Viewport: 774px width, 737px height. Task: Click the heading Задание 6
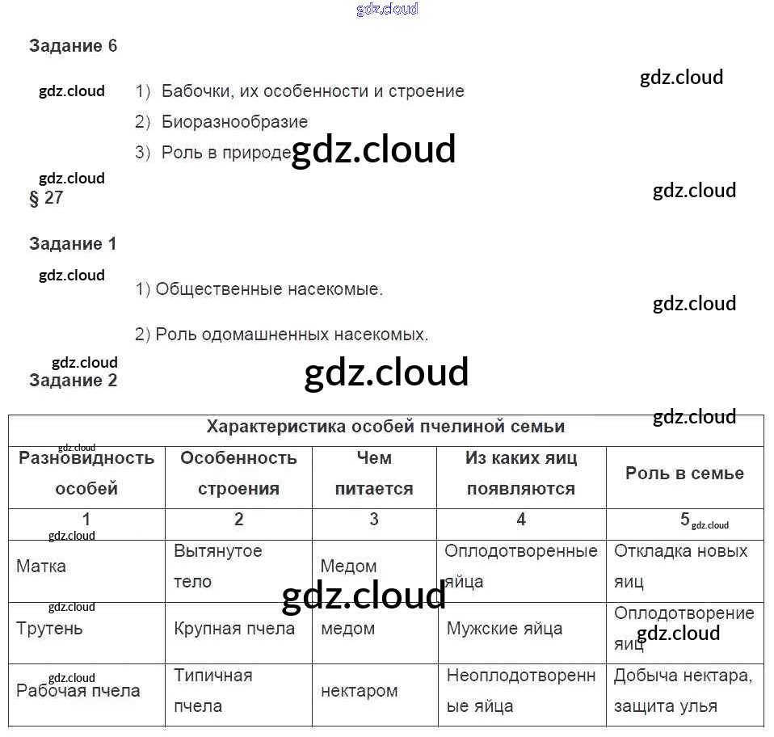73,46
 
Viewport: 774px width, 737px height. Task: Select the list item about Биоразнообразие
234,122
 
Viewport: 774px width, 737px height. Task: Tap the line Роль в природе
225,153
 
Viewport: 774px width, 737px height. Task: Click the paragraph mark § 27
46,198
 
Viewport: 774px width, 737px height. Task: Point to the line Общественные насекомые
259,289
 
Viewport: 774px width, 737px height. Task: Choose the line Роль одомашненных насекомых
282,335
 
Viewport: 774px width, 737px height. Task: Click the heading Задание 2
73,381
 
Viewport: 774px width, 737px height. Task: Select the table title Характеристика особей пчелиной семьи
385,427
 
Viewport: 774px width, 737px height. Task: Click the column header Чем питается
374,474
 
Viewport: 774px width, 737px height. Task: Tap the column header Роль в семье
684,474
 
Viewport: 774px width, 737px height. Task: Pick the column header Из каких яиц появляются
521,474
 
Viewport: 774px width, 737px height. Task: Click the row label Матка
41,566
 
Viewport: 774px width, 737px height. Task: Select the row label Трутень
49,629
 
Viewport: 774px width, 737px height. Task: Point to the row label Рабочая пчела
78,691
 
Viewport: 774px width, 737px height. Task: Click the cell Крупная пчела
234,629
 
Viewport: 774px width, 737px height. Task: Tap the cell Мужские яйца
504,629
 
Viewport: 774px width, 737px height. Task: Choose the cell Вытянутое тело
218,566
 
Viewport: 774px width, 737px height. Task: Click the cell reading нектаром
360,691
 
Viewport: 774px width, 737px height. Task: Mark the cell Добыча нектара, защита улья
683,691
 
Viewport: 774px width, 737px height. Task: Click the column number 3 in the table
374,520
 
